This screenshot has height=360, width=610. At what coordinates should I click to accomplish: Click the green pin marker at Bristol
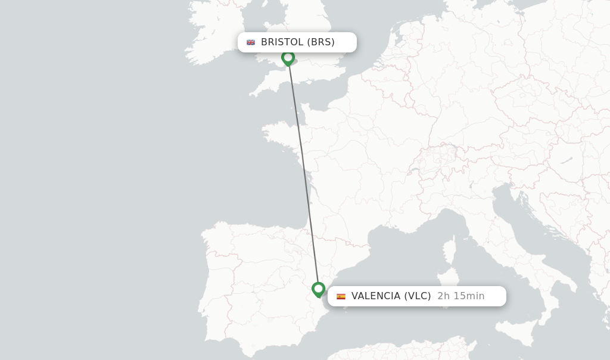(288, 58)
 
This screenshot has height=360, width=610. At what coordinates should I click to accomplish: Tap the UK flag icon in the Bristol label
(251, 42)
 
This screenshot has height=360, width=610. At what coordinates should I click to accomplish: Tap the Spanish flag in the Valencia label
(341, 296)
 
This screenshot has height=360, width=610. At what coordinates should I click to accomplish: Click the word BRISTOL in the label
(282, 42)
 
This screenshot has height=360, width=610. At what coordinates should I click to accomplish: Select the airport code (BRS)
(321, 42)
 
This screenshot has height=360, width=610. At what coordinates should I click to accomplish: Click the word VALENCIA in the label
(375, 296)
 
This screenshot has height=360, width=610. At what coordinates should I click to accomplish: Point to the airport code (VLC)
(418, 296)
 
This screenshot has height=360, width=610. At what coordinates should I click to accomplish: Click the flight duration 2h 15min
(461, 296)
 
